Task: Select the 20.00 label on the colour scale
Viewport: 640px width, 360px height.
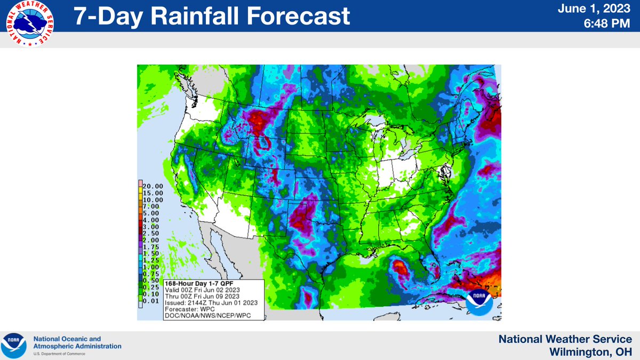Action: click(x=153, y=186)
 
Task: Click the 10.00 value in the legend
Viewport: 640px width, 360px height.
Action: click(x=153, y=199)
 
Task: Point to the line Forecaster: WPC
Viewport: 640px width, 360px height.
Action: click(x=192, y=309)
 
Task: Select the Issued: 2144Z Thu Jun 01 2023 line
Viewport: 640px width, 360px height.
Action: click(x=212, y=303)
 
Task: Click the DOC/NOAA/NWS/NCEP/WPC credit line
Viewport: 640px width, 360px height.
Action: click(x=207, y=316)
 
